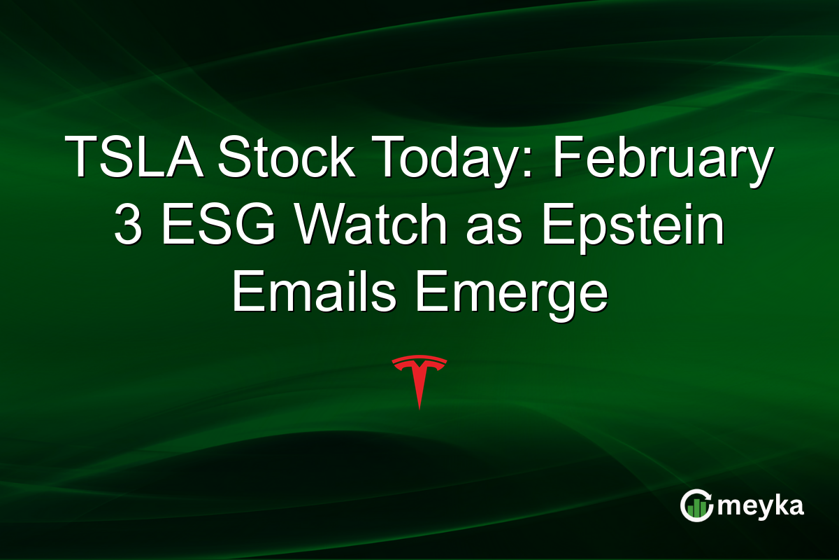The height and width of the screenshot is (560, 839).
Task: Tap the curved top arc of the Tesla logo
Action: click(x=419, y=360)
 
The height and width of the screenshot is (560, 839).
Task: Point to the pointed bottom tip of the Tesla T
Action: click(x=419, y=407)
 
